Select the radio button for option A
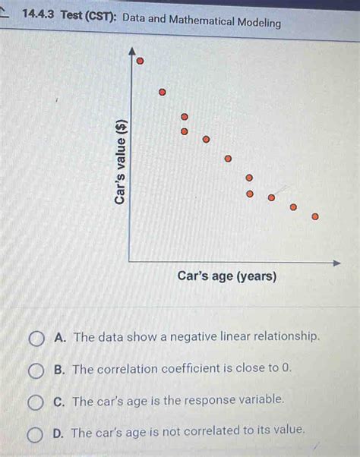point(36,338)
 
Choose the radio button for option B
point(36,370)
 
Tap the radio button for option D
point(36,433)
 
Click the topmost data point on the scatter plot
point(140,61)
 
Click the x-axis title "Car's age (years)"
point(227,276)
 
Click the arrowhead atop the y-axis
point(134,52)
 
